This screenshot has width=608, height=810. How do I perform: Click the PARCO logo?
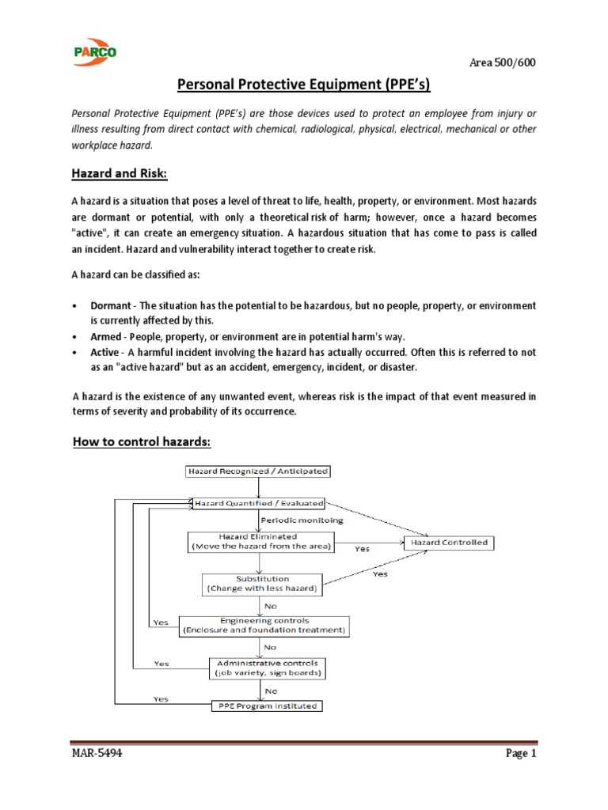click(94, 51)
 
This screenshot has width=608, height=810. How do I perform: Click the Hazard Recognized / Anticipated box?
click(256, 471)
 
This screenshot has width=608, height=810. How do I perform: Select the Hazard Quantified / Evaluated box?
click(256, 502)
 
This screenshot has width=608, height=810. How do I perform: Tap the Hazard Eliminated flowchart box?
click(260, 542)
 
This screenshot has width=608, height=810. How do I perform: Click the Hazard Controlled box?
click(450, 543)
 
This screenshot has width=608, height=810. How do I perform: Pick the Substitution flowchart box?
click(262, 584)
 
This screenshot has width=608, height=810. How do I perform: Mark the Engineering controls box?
click(264, 626)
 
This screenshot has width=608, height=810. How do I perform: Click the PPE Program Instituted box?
click(265, 706)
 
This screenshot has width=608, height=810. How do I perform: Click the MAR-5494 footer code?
click(96, 754)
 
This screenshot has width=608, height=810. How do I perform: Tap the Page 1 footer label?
click(521, 754)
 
